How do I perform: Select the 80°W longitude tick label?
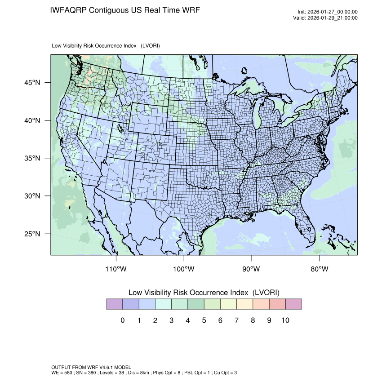(x=319, y=269)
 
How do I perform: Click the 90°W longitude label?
(x=251, y=269)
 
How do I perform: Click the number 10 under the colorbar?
(x=285, y=320)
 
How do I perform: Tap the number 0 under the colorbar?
(x=122, y=320)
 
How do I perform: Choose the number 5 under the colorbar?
(x=204, y=320)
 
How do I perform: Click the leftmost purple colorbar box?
(x=114, y=304)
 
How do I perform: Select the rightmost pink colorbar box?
(x=293, y=304)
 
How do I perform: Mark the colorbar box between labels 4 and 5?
(x=196, y=304)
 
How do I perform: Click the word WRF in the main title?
(x=190, y=10)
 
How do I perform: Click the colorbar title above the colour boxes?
(x=204, y=293)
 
